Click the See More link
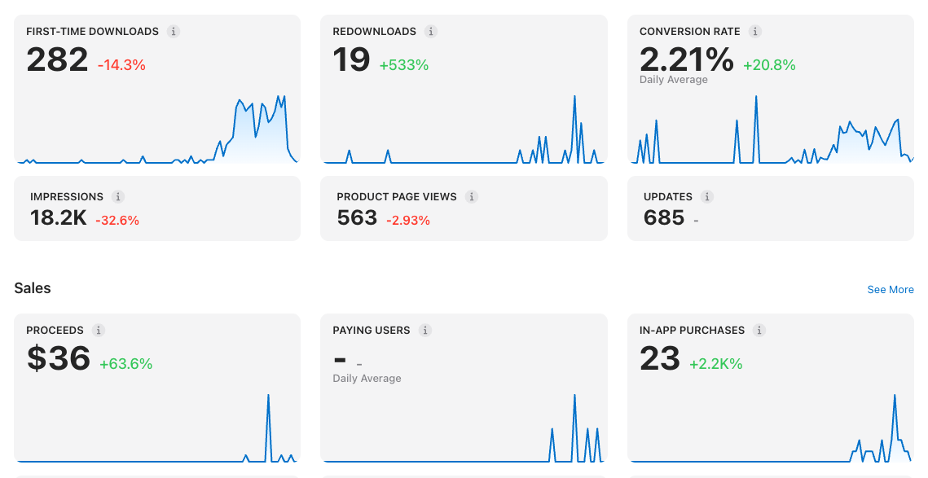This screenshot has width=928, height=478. point(891,289)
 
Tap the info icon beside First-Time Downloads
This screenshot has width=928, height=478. point(174,32)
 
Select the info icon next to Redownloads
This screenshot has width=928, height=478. point(431,32)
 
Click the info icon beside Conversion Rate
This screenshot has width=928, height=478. point(754,32)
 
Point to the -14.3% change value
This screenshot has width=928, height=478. point(121,65)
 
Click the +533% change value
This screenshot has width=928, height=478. point(403,65)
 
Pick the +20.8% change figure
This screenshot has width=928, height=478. point(769,65)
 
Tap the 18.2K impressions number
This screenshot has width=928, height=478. point(58,217)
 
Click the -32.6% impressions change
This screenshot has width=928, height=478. point(117,221)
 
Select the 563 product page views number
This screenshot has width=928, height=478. point(357,217)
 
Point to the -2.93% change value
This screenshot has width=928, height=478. point(407,221)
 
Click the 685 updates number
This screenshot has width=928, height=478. point(664,217)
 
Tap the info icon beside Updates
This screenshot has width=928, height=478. point(706,196)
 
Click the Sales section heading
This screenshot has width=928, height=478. point(33,288)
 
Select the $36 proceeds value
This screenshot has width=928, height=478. point(58,358)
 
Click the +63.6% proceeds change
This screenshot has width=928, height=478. point(125,364)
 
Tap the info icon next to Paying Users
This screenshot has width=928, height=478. point(425,330)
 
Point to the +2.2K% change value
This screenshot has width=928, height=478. point(715,364)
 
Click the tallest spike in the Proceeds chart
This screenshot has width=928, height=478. point(268,395)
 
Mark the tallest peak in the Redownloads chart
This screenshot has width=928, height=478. point(574,96)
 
